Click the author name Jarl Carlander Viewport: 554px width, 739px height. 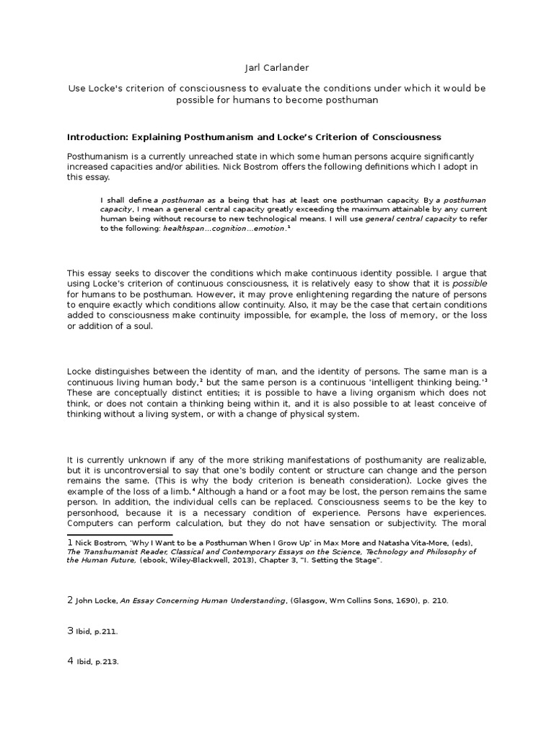(x=276, y=68)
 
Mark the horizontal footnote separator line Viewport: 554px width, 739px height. (x=120, y=535)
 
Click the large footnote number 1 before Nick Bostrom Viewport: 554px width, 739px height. (x=70, y=541)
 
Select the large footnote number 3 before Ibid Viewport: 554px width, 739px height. (x=70, y=630)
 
